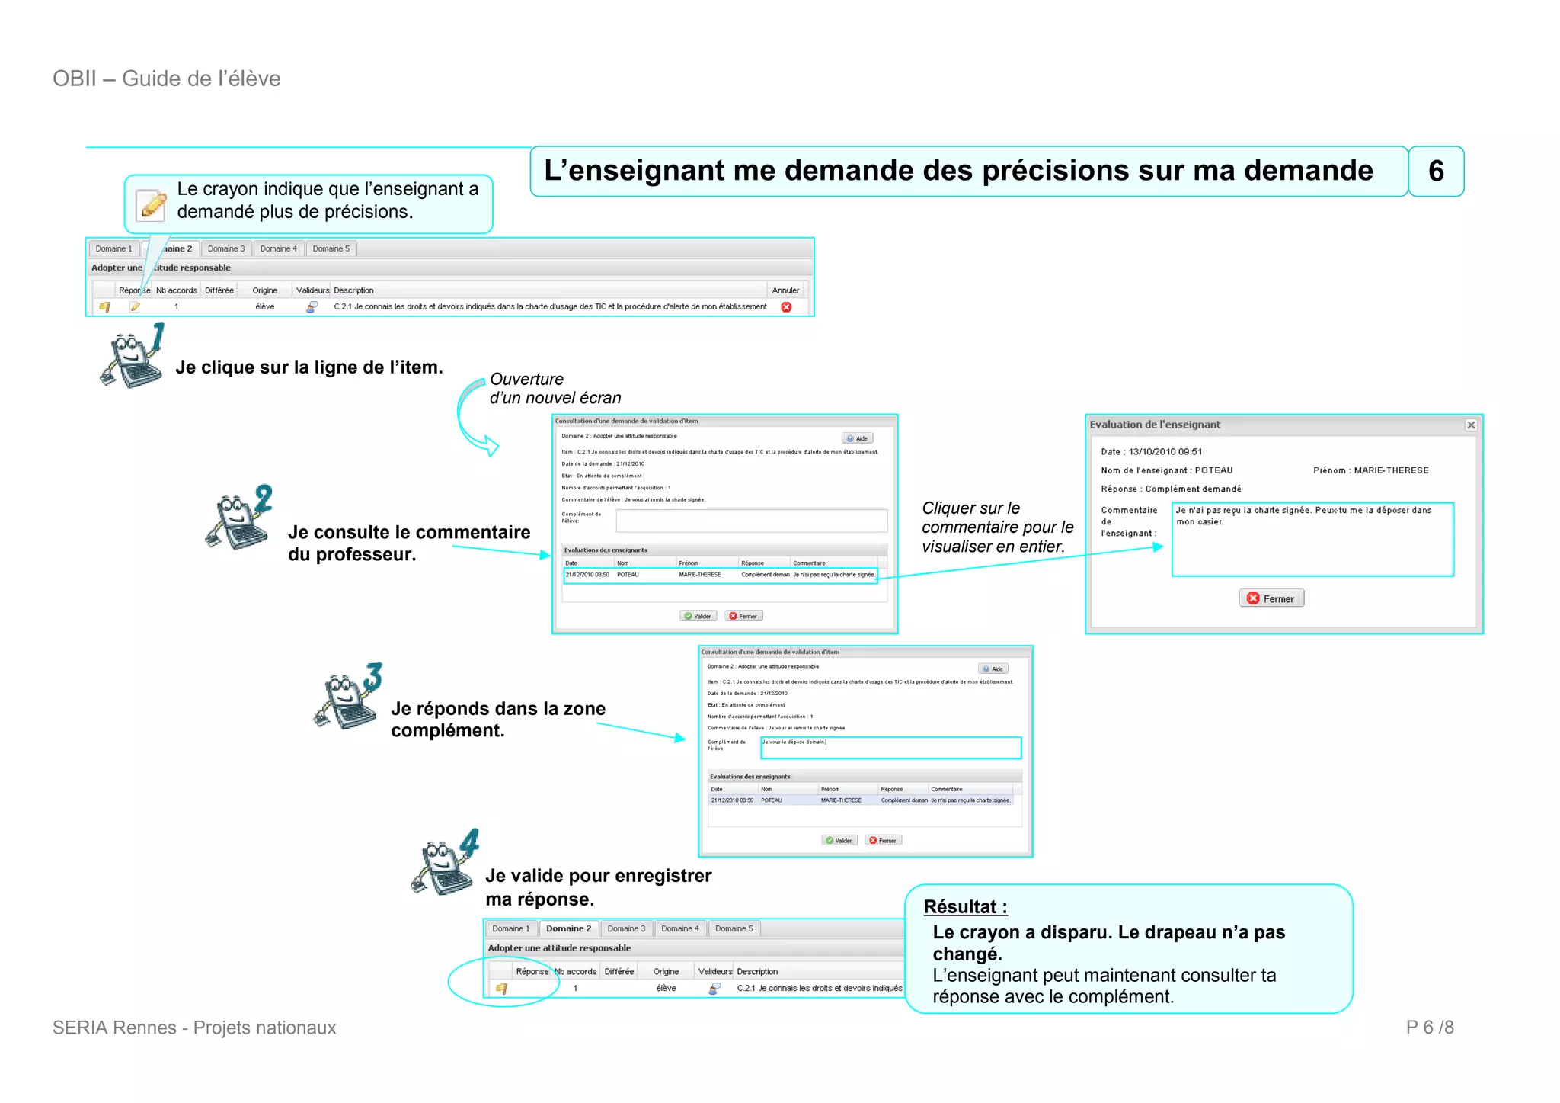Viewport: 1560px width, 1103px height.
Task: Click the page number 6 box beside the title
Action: (1435, 172)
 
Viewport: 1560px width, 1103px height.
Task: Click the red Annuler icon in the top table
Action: (785, 307)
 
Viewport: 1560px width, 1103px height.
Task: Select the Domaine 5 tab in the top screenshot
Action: (331, 248)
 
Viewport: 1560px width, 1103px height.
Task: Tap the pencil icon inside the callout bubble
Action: (152, 204)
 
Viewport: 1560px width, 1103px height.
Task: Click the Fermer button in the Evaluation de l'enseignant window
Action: (1271, 598)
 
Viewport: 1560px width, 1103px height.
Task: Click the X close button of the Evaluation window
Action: (1470, 425)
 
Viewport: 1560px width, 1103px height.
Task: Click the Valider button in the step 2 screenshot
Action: (698, 616)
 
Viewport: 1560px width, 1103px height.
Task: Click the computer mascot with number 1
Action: (133, 356)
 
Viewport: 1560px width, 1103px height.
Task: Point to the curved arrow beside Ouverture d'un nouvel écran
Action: (472, 418)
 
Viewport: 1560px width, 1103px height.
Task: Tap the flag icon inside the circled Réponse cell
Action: (501, 989)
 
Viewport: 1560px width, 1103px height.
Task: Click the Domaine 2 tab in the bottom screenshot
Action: (568, 928)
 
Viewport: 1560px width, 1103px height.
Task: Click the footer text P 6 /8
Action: (1429, 1028)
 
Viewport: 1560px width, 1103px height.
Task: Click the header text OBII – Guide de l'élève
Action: (167, 79)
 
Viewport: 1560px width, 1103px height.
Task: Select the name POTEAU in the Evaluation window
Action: (1213, 470)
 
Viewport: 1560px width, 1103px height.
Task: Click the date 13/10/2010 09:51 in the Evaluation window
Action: (1165, 451)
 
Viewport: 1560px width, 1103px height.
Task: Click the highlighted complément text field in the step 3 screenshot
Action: (890, 747)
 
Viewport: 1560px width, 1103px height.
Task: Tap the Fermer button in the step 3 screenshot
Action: (883, 840)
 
